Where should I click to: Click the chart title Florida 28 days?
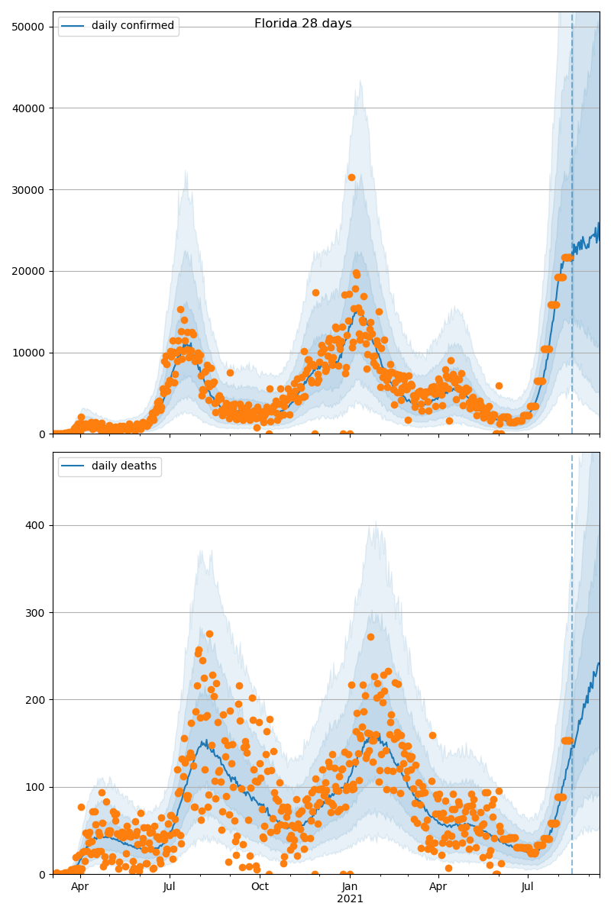click(x=303, y=24)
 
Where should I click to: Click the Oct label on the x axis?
click(x=260, y=887)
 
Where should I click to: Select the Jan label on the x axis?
click(x=350, y=887)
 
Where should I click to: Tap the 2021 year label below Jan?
click(x=350, y=899)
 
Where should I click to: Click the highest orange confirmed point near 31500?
click(x=351, y=177)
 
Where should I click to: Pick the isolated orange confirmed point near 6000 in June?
click(x=499, y=385)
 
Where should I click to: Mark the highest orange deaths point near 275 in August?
click(x=209, y=634)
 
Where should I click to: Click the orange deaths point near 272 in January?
click(x=370, y=637)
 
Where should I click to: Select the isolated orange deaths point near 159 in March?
click(x=432, y=735)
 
